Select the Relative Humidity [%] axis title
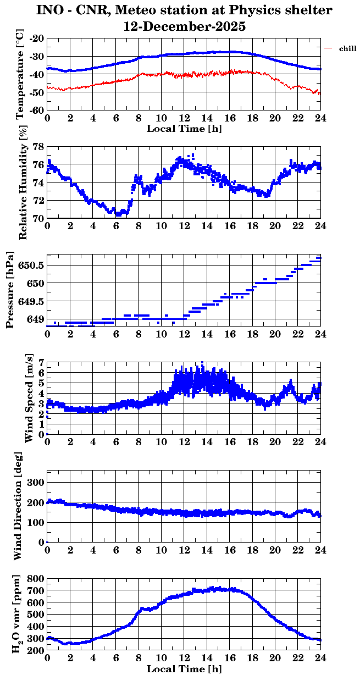pyautogui.click(x=23, y=182)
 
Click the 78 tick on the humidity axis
pyautogui.click(x=38, y=147)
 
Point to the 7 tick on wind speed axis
pyautogui.click(x=41, y=363)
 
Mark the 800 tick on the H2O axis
pyautogui.click(x=35, y=579)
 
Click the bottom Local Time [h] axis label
pyautogui.click(x=184, y=669)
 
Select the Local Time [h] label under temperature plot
pyautogui.click(x=184, y=128)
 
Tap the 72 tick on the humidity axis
pyautogui.click(x=38, y=201)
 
